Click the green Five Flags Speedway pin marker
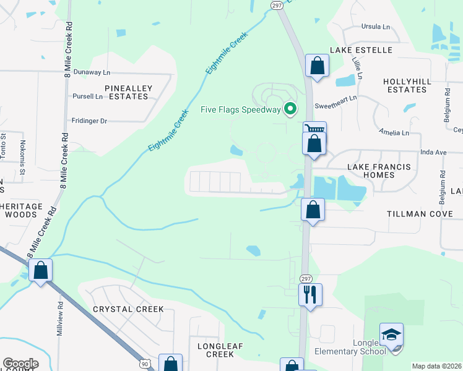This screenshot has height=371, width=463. click(290, 110)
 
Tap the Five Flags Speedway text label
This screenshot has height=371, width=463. click(241, 110)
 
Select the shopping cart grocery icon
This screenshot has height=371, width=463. click(314, 129)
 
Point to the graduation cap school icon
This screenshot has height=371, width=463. click(391, 335)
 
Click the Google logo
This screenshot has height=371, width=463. click(20, 364)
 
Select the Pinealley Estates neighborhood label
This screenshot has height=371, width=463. click(128, 92)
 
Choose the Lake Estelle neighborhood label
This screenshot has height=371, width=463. click(361, 49)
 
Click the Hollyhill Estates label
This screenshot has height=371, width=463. click(405, 85)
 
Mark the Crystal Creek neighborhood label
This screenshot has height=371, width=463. click(128, 309)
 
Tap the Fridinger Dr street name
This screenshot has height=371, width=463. click(89, 121)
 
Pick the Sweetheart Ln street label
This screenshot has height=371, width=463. click(335, 98)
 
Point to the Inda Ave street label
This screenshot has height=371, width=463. click(433, 151)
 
